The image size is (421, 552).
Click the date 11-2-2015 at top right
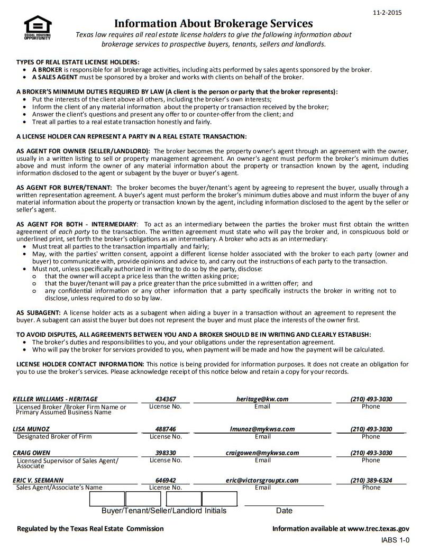388,12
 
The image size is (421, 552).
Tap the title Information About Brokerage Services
214,24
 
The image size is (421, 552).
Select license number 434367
166,399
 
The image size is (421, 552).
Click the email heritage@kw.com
262,399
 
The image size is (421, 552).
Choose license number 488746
166,429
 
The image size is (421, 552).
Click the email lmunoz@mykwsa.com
262,429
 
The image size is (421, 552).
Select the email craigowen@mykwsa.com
262,453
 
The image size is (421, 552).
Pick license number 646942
166,481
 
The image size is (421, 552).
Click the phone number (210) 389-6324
371,481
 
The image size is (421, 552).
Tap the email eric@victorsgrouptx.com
262,481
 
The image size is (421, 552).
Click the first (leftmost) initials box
106,499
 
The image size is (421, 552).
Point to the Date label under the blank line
284,511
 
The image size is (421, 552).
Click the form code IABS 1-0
395,540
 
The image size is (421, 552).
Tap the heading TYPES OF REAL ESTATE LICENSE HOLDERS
78,62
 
